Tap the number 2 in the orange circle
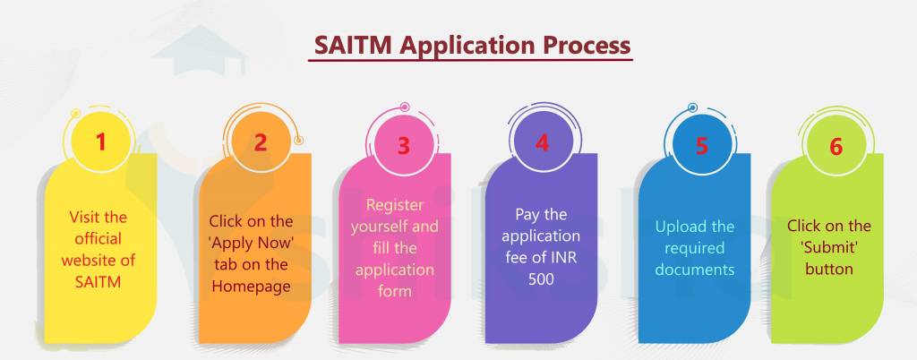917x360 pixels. click(x=260, y=142)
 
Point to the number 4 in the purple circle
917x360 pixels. click(x=542, y=142)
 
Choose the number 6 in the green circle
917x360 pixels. click(x=836, y=147)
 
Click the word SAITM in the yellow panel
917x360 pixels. click(x=99, y=282)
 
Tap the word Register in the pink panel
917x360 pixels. click(x=394, y=205)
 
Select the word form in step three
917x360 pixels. click(x=394, y=290)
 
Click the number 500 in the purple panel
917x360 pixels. click(x=542, y=279)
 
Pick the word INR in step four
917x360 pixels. click(x=567, y=258)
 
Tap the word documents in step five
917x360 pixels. click(x=694, y=269)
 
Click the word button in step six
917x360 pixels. click(x=828, y=268)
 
